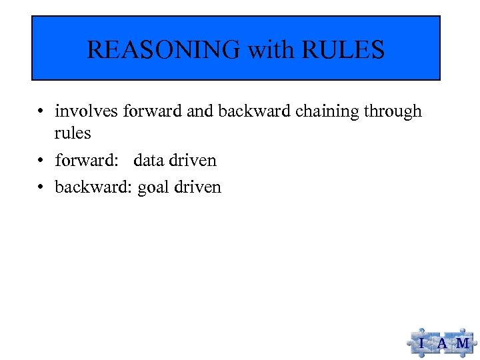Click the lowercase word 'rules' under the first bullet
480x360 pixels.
pos(73,133)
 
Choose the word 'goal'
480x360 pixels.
pos(153,188)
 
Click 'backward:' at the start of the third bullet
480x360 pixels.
pos(93,187)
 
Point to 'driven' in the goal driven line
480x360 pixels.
pos(197,187)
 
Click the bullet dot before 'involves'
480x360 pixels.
pos(41,111)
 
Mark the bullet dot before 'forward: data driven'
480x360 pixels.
pos(41,161)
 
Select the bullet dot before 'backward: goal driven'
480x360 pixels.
pos(41,188)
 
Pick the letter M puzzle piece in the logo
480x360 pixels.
pos(462,343)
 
